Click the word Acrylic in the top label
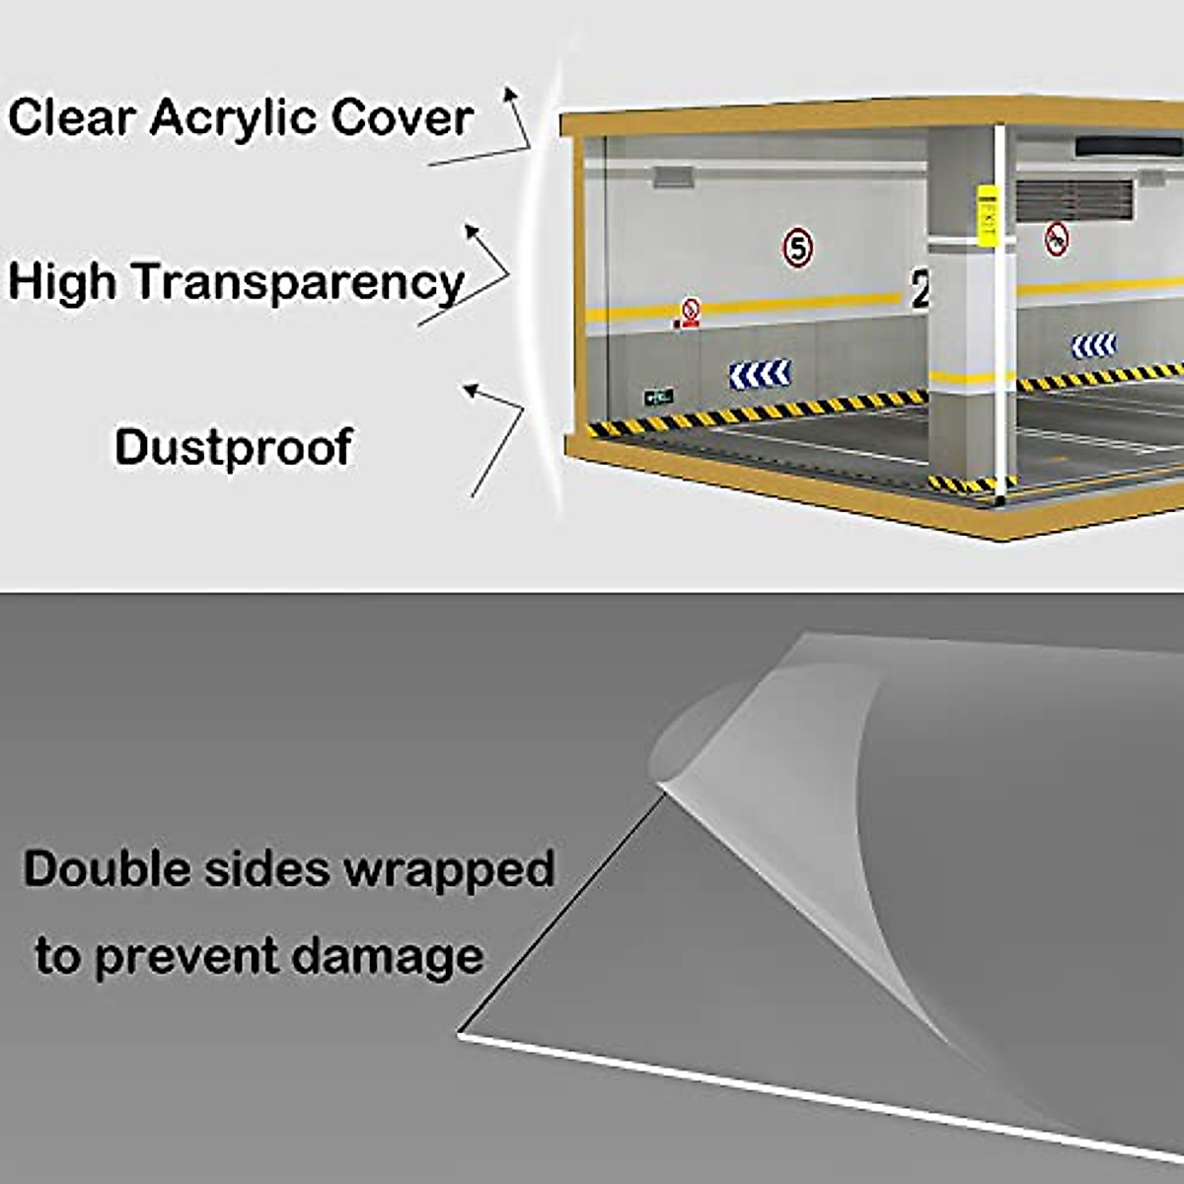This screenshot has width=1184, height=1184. tap(236, 118)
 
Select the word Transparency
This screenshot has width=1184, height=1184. tap(298, 282)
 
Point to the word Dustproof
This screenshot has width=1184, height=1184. tap(233, 447)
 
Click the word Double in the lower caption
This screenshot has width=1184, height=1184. tap(107, 869)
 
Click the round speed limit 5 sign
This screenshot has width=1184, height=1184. tap(797, 247)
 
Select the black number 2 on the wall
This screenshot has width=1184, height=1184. tap(920, 290)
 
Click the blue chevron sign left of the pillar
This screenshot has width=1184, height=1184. tap(760, 374)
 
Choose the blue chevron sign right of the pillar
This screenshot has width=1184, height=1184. tap(1093, 345)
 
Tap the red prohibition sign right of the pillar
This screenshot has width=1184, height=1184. tap(1057, 238)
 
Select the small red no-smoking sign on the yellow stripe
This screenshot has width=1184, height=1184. tap(691, 313)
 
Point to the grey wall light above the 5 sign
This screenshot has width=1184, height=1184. tap(671, 178)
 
